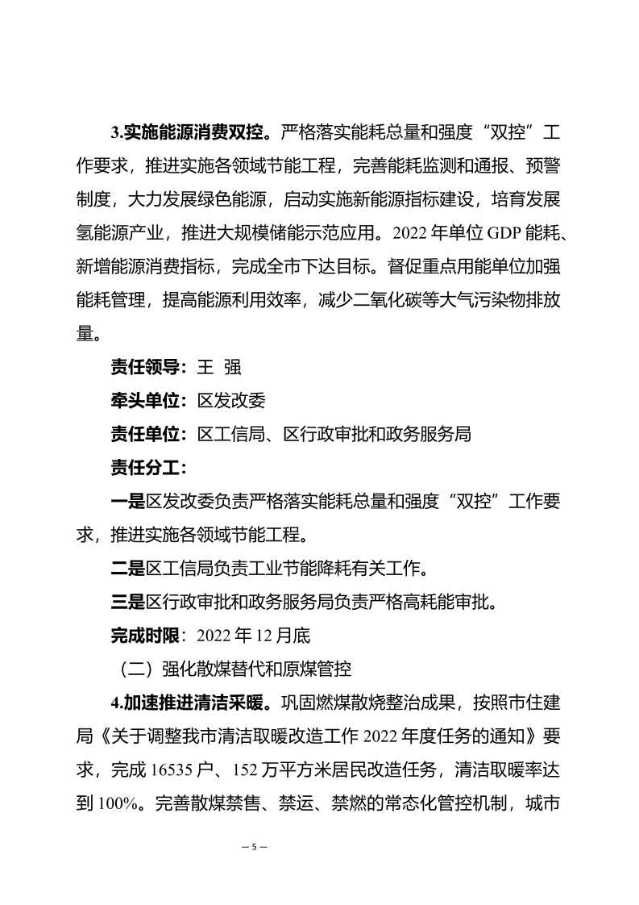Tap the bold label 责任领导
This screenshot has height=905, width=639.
147,367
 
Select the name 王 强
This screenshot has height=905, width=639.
220,367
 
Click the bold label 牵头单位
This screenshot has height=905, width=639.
147,401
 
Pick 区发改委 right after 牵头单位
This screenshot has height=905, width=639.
232,401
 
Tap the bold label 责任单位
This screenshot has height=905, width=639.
147,434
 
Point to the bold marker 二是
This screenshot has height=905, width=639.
128,569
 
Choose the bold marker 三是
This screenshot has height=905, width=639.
128,602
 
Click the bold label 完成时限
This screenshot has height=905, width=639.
147,636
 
